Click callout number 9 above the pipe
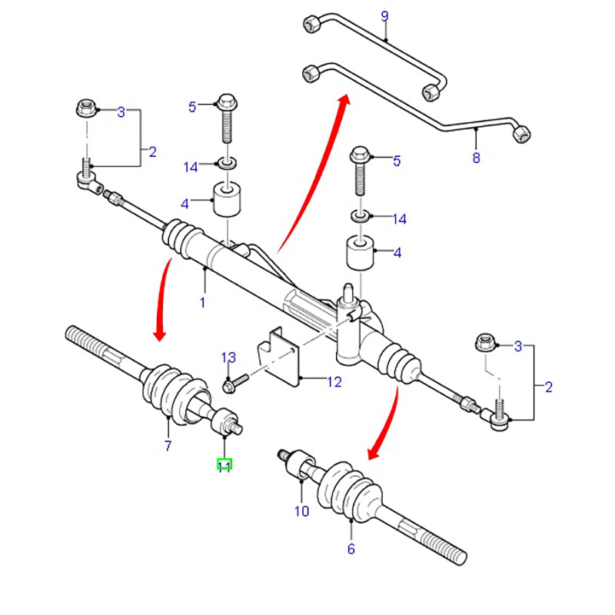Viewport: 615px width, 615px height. coord(385,16)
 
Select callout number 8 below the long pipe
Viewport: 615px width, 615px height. coord(476,158)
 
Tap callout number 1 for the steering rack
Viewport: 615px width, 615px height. coord(203,303)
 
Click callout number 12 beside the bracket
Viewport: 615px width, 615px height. coord(334,381)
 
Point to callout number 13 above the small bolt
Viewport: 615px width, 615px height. coord(228,357)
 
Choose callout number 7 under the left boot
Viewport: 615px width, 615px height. coord(168,446)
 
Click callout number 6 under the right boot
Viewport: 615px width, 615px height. coord(351,549)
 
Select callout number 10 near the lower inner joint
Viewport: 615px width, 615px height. coord(301,510)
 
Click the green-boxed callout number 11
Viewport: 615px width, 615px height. coord(224,464)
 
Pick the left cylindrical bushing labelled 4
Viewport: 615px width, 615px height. coord(228,200)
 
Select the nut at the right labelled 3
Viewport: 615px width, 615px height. coord(484,342)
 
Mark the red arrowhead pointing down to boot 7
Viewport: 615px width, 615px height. coord(160,332)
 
